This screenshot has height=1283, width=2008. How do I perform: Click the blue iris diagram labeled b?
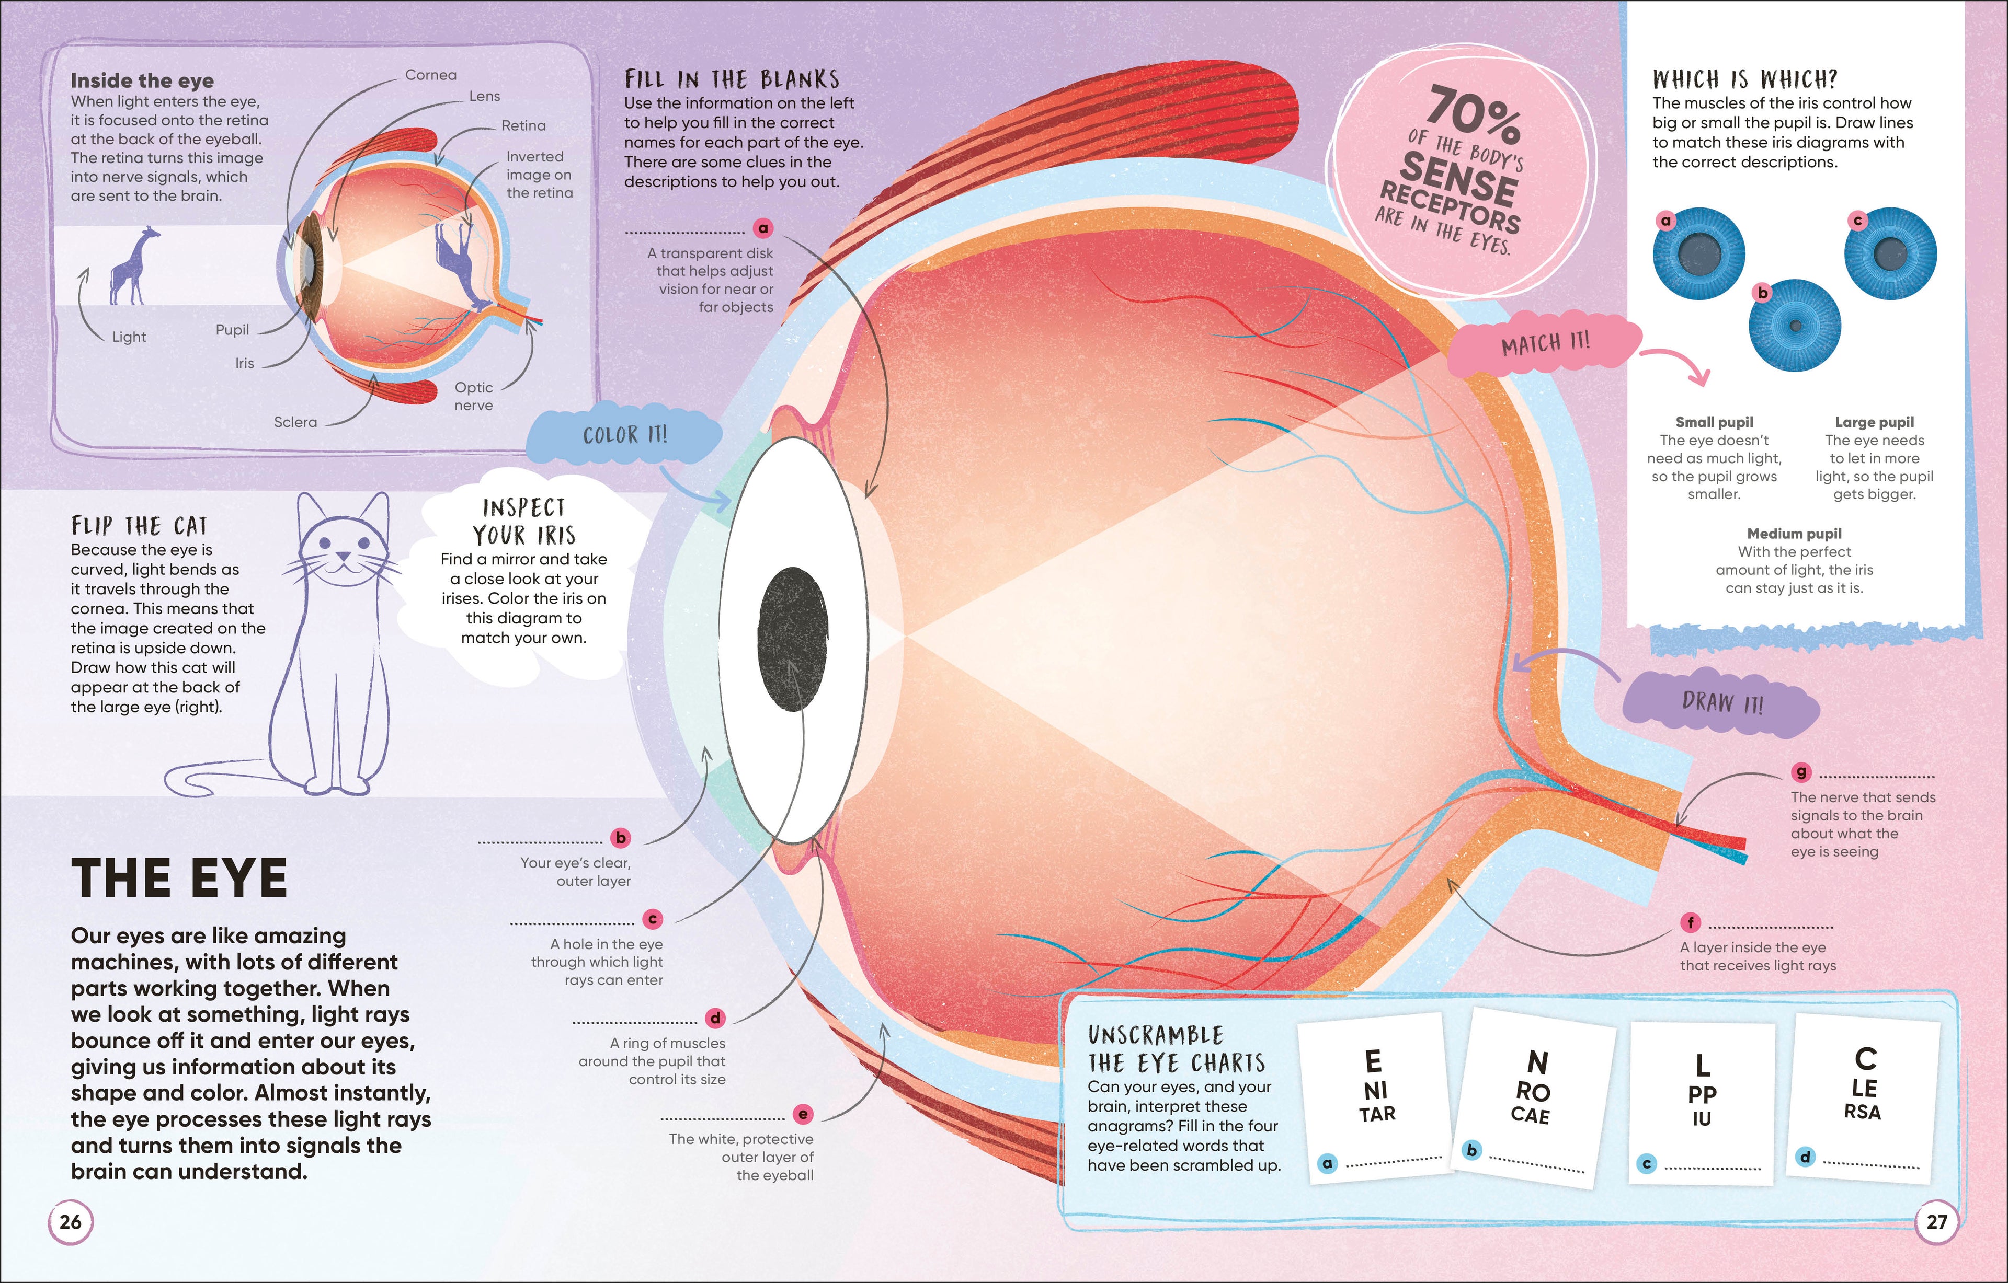tap(1795, 325)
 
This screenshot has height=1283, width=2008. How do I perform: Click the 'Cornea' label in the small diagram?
tap(430, 75)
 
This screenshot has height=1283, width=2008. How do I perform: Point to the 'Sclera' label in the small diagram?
tap(295, 422)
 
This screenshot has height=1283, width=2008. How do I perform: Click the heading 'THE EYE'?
tap(179, 878)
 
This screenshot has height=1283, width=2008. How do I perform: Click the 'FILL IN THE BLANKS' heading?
tap(732, 79)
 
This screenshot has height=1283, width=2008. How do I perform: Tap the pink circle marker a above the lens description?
tap(763, 227)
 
